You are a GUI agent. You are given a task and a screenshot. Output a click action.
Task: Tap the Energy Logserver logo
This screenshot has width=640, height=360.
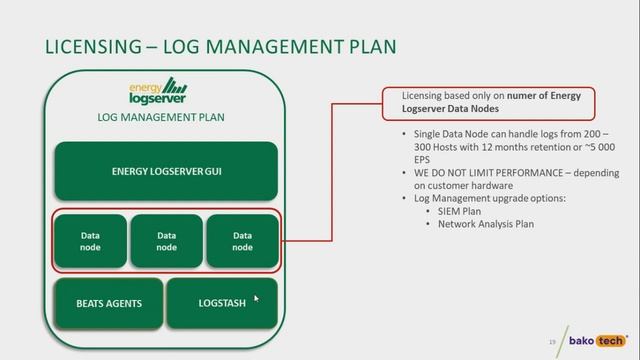[x=157, y=91]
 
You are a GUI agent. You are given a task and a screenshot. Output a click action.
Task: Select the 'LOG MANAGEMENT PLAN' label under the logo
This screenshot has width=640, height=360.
[x=160, y=117]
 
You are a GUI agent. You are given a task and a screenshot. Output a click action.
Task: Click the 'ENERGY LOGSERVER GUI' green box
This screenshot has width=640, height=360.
[x=165, y=170]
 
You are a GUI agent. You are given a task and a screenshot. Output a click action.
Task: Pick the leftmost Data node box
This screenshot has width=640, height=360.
[x=90, y=241]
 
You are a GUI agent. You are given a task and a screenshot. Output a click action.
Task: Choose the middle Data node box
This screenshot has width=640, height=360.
[x=166, y=241]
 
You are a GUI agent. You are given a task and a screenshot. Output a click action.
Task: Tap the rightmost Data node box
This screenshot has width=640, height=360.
[x=242, y=241]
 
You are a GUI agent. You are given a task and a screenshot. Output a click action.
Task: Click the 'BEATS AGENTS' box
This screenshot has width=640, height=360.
[x=109, y=303]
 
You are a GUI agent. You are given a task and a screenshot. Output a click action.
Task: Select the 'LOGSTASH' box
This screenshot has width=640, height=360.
[x=221, y=303]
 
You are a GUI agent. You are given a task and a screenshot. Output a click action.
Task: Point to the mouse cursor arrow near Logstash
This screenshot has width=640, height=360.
[x=256, y=298]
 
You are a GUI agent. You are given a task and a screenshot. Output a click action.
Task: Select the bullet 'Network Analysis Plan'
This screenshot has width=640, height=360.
[x=486, y=224]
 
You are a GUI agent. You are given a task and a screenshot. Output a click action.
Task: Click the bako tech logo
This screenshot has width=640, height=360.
[x=597, y=340]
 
